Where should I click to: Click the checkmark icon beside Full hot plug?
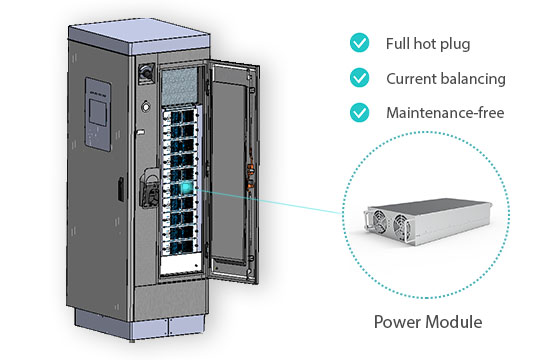pyautogui.click(x=359, y=43)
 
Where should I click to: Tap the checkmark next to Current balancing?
pyautogui.click(x=359, y=78)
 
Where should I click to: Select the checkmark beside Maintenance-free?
pyautogui.click(x=359, y=112)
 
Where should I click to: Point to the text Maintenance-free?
pyautogui.click(x=445, y=113)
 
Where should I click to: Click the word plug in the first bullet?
pyautogui.click(x=455, y=44)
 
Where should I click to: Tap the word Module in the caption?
pyautogui.click(x=454, y=322)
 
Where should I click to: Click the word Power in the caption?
pyautogui.click(x=398, y=322)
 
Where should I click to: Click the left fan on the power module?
pyautogui.click(x=379, y=220)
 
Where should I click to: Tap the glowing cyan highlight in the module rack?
pyautogui.click(x=186, y=187)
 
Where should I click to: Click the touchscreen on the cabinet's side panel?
pyautogui.click(x=98, y=112)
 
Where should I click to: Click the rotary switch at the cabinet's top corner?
pyautogui.click(x=146, y=72)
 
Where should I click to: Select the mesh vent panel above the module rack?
pyautogui.click(x=180, y=86)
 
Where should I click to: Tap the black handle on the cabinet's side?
pyautogui.click(x=121, y=189)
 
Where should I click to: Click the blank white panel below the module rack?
pyautogui.click(x=181, y=265)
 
